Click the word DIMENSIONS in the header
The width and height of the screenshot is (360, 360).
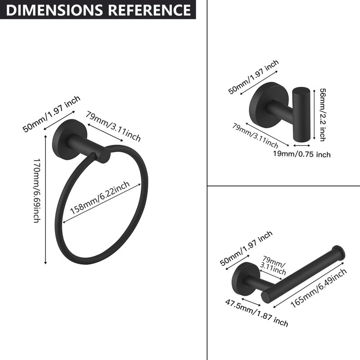pos(54,10)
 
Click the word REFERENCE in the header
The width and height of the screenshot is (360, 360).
pos(149,10)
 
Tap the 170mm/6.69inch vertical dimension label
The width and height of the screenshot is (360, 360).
pos(37,190)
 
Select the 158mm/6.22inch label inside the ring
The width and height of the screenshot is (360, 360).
pos(100,198)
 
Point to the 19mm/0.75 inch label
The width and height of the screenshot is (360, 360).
pos(301,154)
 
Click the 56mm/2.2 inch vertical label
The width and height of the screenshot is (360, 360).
pos(323,115)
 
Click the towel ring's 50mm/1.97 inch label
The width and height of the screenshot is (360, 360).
pos(52,114)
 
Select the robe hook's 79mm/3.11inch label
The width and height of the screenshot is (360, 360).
pos(255,135)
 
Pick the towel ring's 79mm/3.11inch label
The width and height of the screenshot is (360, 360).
pos(113,126)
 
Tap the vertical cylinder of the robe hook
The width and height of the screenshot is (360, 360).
pos(301,115)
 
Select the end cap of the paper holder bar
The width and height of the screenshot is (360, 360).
pos(338,253)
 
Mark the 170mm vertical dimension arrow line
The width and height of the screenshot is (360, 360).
pos(46,199)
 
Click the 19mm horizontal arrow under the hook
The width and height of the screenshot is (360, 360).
pos(301,145)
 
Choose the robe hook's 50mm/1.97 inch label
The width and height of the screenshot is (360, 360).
pos(253,77)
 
